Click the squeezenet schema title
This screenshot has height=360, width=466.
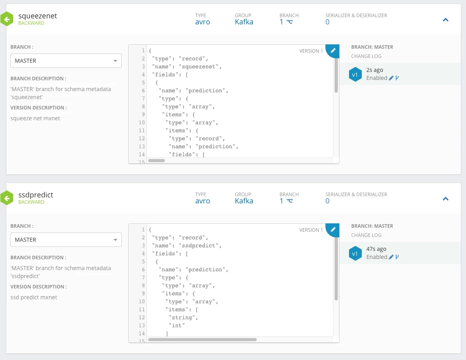click(38, 16)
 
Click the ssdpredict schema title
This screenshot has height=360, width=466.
click(36, 195)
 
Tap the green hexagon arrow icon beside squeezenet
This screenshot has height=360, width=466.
click(7, 19)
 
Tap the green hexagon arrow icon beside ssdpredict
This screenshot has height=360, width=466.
click(7, 198)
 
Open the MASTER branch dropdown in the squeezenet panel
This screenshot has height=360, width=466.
click(66, 61)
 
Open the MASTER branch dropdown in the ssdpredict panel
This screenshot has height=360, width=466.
click(66, 240)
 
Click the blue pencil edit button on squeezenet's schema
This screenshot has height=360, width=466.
click(333, 50)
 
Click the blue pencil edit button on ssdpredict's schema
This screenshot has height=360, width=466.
click(333, 229)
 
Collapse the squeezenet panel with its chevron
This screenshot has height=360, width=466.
click(446, 20)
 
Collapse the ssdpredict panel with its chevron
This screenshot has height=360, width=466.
click(446, 199)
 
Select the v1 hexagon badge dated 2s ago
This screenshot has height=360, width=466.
click(355, 74)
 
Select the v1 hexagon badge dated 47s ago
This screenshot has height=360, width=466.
click(355, 253)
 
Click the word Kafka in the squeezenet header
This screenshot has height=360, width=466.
click(244, 22)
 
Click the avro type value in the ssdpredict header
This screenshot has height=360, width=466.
click(203, 201)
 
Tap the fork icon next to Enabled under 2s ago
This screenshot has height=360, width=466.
click(397, 78)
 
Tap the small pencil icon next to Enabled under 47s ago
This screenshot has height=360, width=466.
click(391, 257)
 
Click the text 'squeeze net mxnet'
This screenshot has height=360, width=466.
click(35, 118)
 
